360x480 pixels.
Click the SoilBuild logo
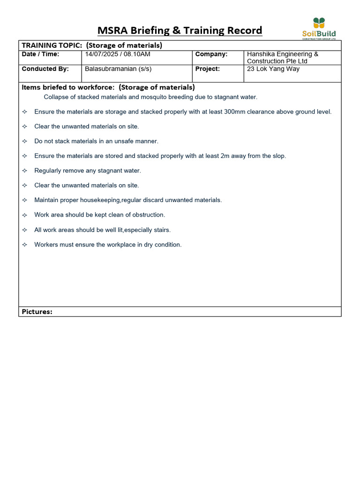coord(319,29)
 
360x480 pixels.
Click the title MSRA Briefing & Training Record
coord(180,31)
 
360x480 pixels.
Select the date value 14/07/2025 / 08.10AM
coord(118,54)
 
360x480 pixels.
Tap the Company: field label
coord(211,54)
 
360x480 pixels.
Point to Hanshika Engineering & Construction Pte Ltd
coord(282,58)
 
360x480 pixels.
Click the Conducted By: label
coord(45,69)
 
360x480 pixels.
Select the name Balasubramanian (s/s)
coord(118,69)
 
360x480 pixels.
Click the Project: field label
coord(208,69)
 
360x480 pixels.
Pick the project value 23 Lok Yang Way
coord(273,69)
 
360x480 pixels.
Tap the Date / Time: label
coord(41,54)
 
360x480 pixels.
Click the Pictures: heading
coord(37,312)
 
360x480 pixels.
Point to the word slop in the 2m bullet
coord(278,156)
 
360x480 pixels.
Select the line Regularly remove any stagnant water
coord(88,171)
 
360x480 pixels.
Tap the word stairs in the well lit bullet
coord(162,230)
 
